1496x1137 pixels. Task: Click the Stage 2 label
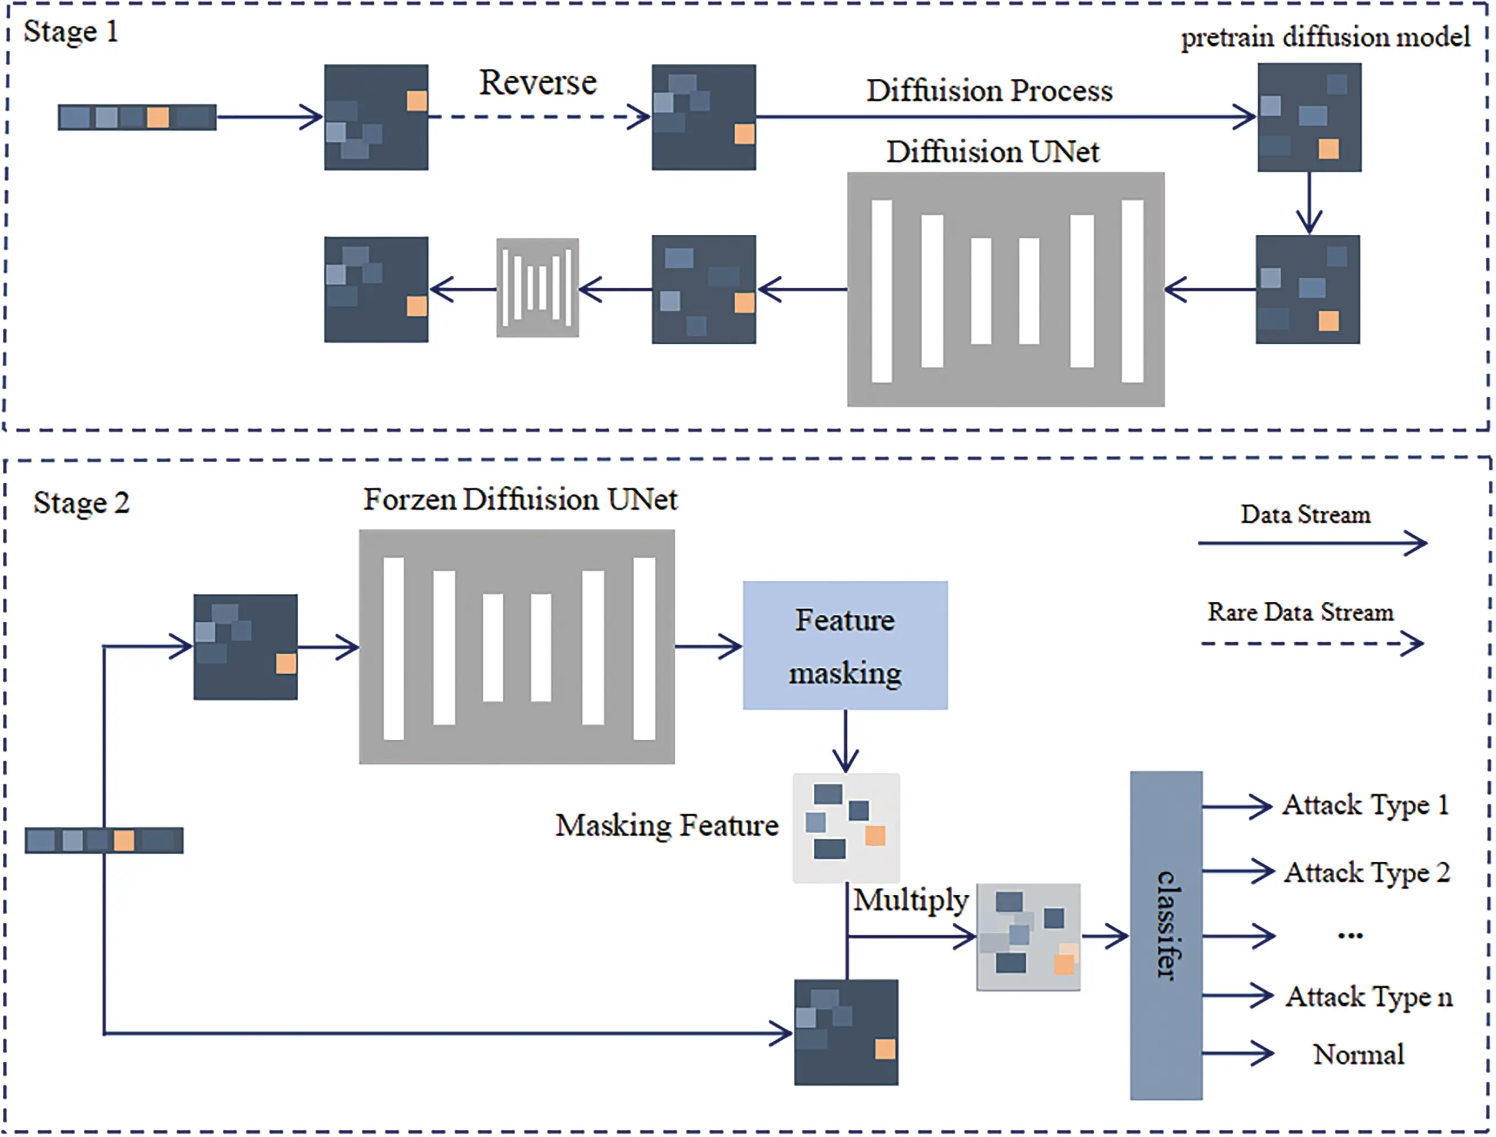tap(81, 503)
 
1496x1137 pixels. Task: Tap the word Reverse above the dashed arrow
tap(538, 83)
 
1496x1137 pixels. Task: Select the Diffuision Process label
tap(989, 91)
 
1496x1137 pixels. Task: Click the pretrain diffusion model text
tap(1325, 37)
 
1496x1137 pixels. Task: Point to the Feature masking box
tap(845, 645)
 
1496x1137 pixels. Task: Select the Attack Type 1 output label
tap(1365, 805)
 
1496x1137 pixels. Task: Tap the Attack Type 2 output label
tap(1366, 873)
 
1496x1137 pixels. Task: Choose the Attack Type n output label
tap(1368, 997)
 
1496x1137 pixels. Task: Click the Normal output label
tap(1358, 1054)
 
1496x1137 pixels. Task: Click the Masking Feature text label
tap(666, 826)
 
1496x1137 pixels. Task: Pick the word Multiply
tap(910, 900)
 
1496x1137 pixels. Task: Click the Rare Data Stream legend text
tap(1300, 612)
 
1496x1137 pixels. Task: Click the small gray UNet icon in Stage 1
tap(537, 288)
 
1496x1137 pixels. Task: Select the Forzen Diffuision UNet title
tap(520, 499)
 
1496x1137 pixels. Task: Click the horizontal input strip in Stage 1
tap(137, 117)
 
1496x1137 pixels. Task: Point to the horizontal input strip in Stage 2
tap(104, 840)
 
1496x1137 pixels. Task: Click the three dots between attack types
tap(1350, 936)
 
